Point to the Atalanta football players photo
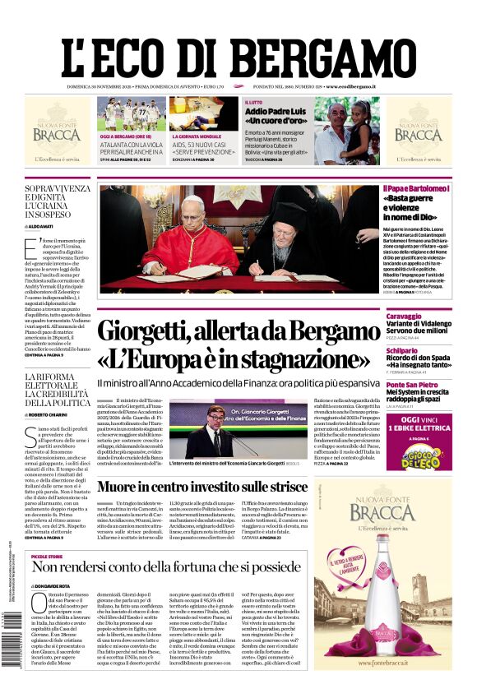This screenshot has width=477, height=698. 131,113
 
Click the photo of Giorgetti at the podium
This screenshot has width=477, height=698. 218,429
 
